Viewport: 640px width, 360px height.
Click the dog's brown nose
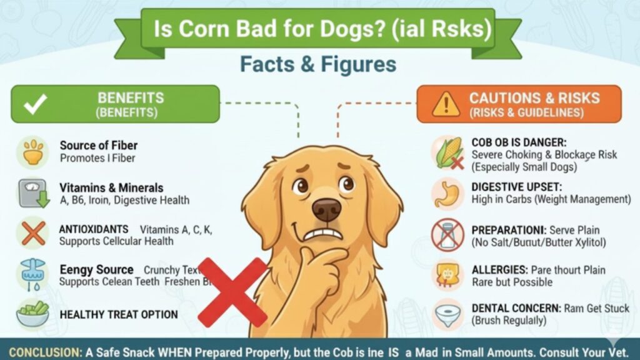[x=326, y=209]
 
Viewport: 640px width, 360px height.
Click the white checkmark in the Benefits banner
[x=32, y=104]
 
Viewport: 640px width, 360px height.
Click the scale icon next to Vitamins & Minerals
[x=32, y=192]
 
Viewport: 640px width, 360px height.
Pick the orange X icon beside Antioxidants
[x=32, y=234]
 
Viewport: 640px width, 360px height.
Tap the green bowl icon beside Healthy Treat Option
[x=32, y=313]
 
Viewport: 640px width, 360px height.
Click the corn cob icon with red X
[x=448, y=152]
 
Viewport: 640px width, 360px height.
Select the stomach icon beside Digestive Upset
[x=448, y=193]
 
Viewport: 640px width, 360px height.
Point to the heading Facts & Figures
[x=318, y=64]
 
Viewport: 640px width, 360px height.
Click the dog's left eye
[x=302, y=186]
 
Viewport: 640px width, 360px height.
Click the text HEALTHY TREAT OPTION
[x=119, y=314]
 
